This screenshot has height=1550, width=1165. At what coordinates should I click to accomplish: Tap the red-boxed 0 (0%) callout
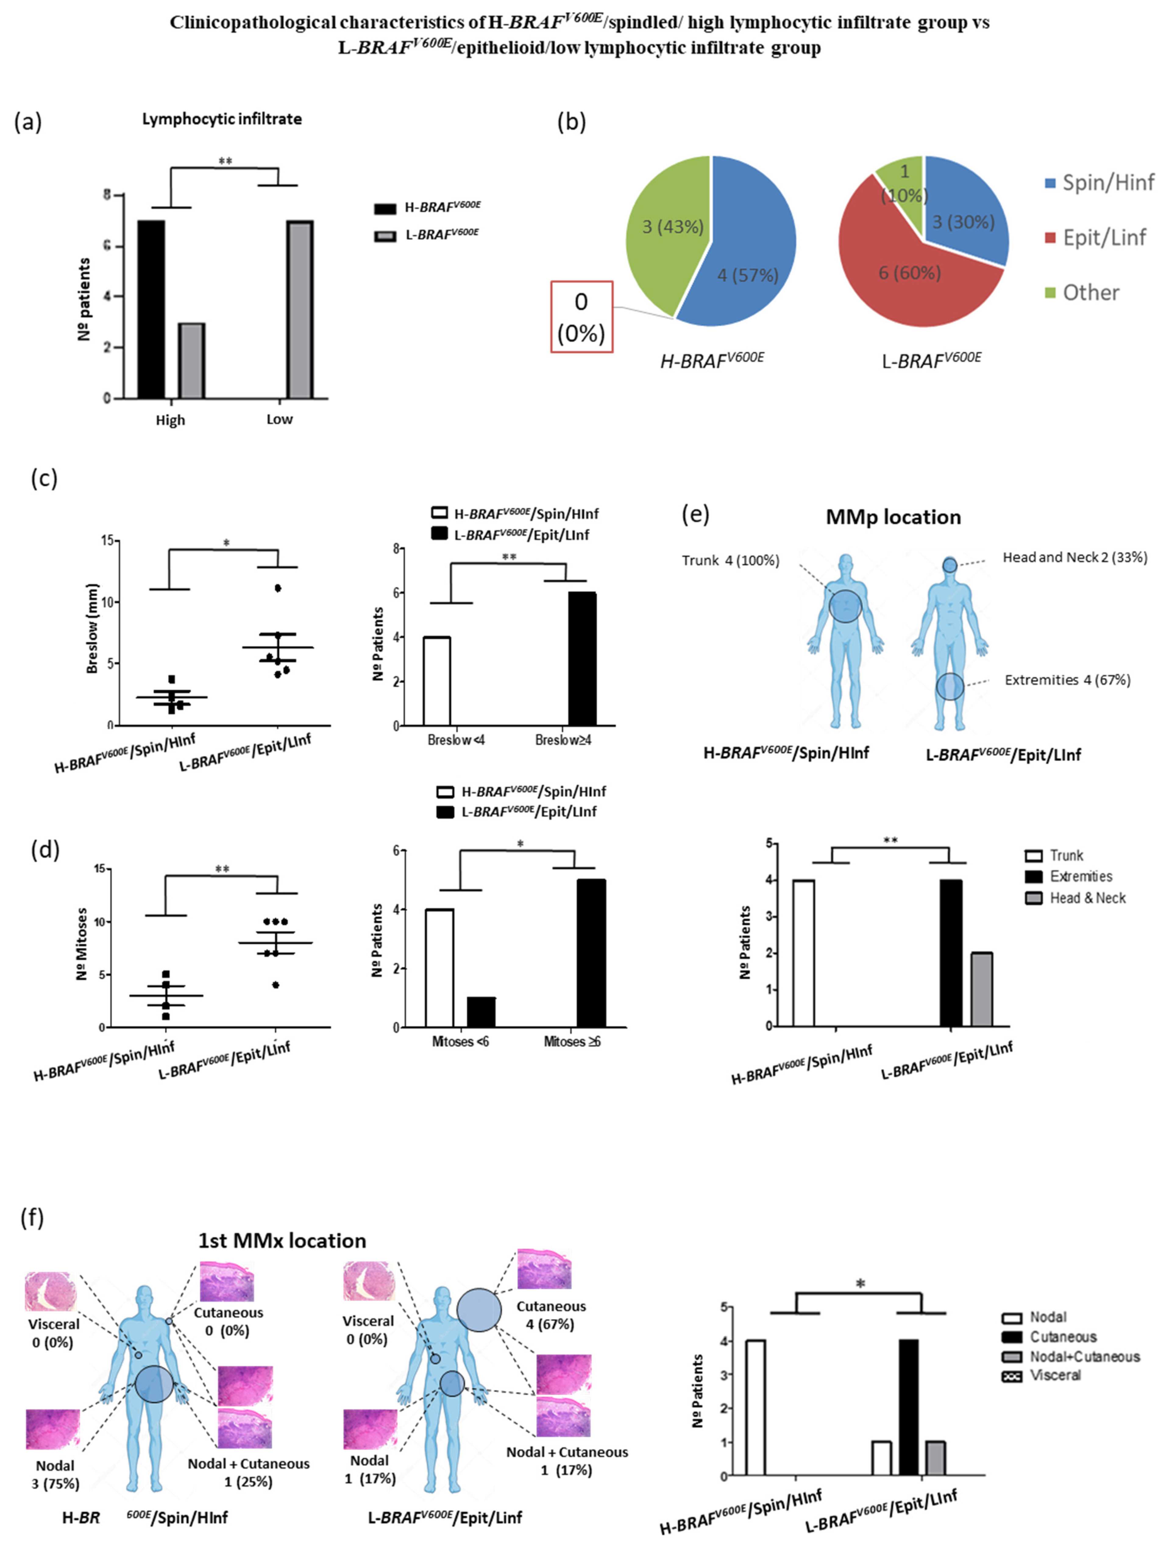(x=581, y=317)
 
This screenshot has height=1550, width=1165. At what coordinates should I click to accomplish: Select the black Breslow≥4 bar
(x=582, y=659)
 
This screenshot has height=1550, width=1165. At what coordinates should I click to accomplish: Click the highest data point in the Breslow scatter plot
(x=278, y=588)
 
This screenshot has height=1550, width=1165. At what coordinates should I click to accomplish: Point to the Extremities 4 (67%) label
(x=1067, y=680)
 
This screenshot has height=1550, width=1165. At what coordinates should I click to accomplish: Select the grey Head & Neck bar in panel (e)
(x=981, y=989)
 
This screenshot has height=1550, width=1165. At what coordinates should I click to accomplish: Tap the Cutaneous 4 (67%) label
(x=551, y=1315)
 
